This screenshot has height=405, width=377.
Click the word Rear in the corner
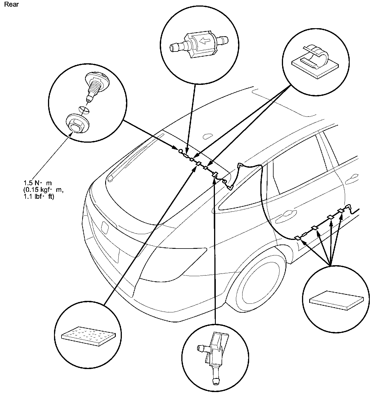tap(11, 5)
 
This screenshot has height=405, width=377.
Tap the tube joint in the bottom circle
tap(214, 354)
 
